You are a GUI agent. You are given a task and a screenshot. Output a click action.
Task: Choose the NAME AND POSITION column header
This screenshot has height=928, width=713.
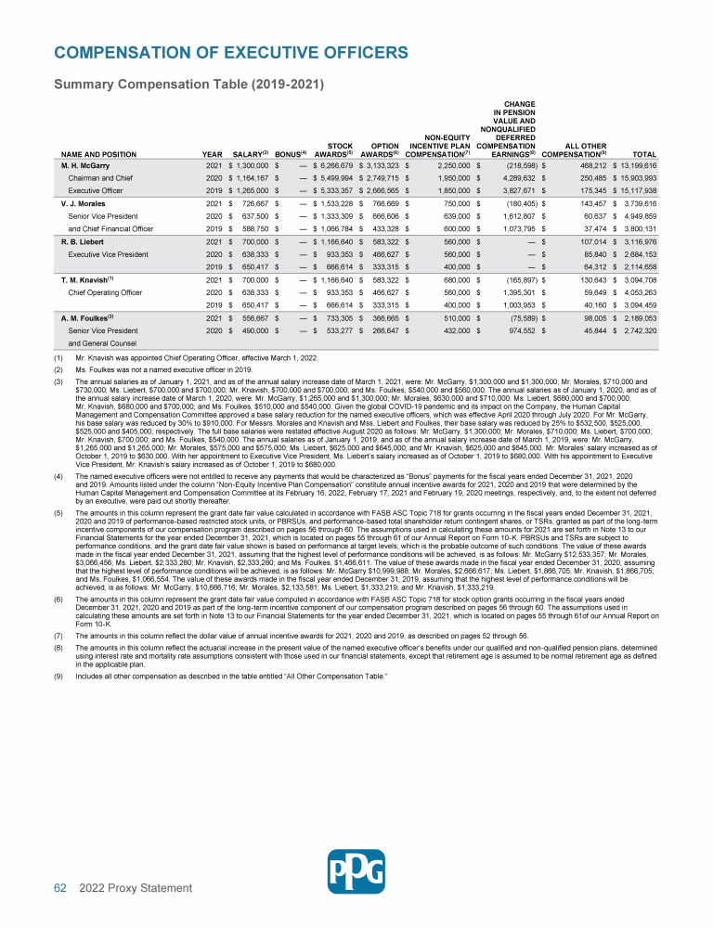pyautogui.click(x=92, y=154)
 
